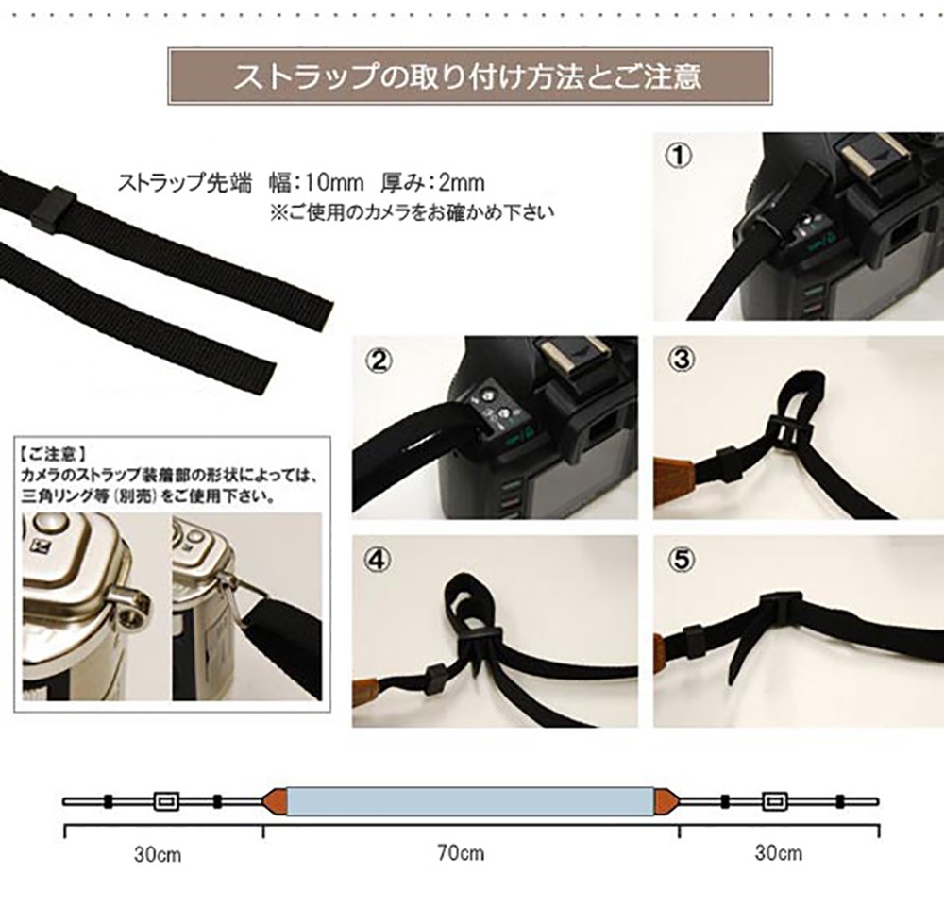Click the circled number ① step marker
click(x=679, y=156)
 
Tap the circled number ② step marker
click(x=379, y=361)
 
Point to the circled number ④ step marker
click(x=378, y=561)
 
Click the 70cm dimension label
click(x=461, y=853)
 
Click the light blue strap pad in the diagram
click(x=470, y=801)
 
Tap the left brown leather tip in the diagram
click(x=275, y=801)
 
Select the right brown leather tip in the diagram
click(x=666, y=801)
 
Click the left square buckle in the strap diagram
click(x=165, y=801)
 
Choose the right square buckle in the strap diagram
click(x=774, y=801)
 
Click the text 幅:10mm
click(x=316, y=182)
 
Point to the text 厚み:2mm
click(x=433, y=182)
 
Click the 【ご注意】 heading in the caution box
click(x=53, y=453)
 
